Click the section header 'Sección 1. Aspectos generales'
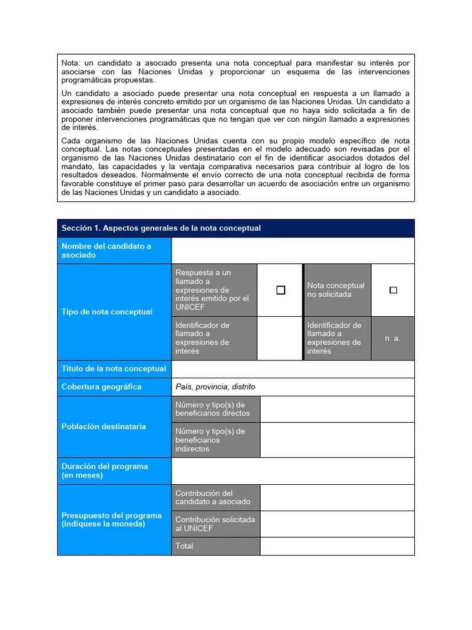click(x=161, y=228)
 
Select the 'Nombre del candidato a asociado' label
click(x=106, y=250)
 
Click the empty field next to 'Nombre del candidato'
click(x=293, y=250)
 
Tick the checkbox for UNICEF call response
click(x=281, y=290)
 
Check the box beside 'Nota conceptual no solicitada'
click(x=393, y=290)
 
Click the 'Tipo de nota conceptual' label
click(x=107, y=312)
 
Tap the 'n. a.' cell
click(x=393, y=338)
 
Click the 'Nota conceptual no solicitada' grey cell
click(x=337, y=290)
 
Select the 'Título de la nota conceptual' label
click(x=114, y=369)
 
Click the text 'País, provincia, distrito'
click(x=215, y=387)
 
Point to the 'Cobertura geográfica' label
click(x=101, y=387)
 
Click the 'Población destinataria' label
click(x=104, y=426)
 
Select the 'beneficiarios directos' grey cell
click(x=216, y=409)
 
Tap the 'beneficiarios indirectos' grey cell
click(x=216, y=440)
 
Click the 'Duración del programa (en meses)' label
click(x=104, y=471)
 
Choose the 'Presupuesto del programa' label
click(x=112, y=520)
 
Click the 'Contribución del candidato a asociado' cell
click(x=216, y=498)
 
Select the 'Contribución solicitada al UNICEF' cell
click(x=216, y=524)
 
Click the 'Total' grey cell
click(x=216, y=546)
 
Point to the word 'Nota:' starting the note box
click(x=71, y=63)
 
